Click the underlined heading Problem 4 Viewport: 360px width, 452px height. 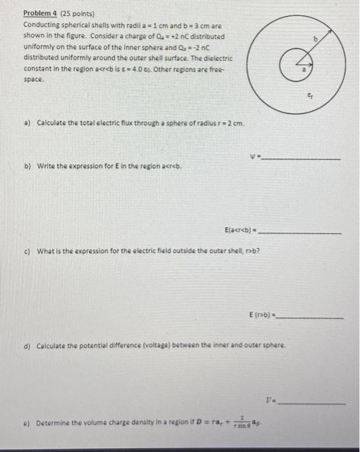click(x=39, y=13)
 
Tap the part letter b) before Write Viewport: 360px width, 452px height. click(x=27, y=166)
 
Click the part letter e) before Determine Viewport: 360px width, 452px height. click(x=26, y=424)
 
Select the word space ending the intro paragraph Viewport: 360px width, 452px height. click(x=34, y=78)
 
